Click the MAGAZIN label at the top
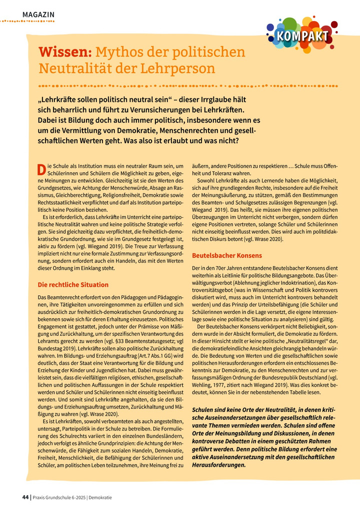38,15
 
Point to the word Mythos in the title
121,52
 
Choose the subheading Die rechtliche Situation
73,285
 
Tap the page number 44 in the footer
25,497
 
